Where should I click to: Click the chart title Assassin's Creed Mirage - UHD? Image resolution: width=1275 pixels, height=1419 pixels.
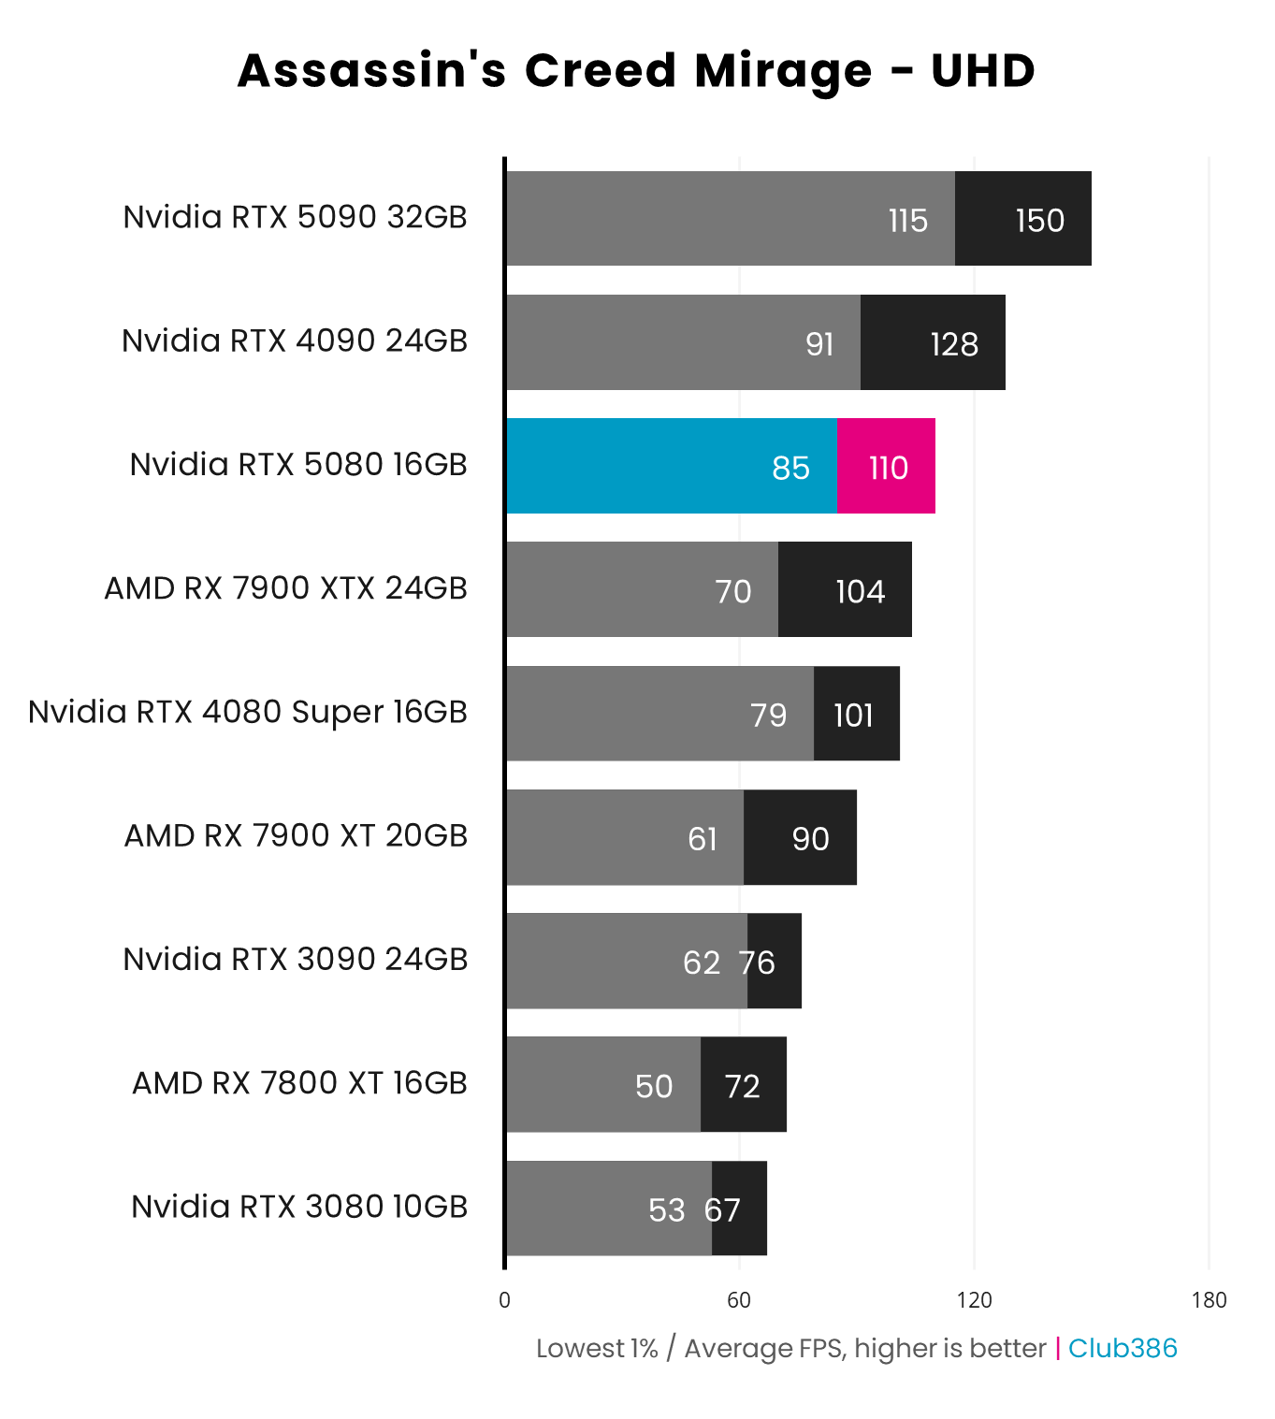[636, 71]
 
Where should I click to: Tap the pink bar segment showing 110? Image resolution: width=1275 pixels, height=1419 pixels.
[886, 466]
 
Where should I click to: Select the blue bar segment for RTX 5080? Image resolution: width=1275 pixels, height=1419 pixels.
[671, 466]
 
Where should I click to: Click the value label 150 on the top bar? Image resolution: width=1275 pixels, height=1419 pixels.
[1039, 221]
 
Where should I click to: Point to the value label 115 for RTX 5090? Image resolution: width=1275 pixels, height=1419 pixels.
[907, 221]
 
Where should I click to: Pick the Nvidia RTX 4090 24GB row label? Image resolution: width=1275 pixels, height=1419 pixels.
[295, 340]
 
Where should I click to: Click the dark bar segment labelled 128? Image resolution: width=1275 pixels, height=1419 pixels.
[933, 342]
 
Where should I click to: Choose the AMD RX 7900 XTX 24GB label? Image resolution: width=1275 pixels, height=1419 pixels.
[285, 588]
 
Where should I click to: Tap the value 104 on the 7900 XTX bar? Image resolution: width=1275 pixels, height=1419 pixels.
[860, 591]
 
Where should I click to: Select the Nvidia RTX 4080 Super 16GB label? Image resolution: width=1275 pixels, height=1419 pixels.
[248, 712]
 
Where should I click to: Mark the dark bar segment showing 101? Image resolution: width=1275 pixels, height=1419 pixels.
[857, 714]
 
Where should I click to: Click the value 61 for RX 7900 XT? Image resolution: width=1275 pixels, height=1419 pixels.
[703, 839]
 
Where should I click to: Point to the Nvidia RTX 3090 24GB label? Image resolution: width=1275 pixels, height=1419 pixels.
[296, 960]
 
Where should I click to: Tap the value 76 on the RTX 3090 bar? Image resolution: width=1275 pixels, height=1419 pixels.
[756, 963]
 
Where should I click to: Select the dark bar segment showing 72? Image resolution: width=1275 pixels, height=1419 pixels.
[744, 1084]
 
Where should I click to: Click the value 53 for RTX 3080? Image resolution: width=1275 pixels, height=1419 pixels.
[666, 1210]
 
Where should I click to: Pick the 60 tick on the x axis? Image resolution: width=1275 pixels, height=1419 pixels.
[739, 1299]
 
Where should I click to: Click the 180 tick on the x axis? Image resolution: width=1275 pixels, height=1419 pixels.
[1209, 1299]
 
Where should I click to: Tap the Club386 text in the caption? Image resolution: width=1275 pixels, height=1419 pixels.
[1123, 1348]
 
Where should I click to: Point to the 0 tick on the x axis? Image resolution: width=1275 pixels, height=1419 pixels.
[505, 1299]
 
